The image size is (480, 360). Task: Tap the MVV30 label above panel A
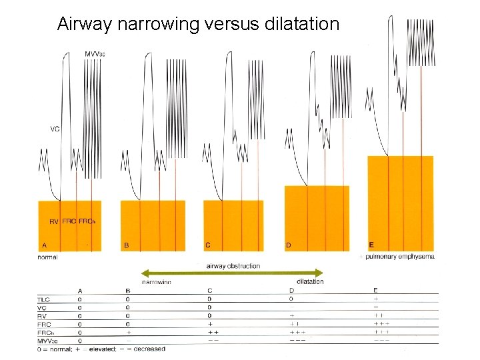(x=97, y=53)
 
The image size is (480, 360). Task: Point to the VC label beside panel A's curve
(x=55, y=129)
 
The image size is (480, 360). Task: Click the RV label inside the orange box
(x=54, y=221)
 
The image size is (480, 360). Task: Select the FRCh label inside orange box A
(x=87, y=221)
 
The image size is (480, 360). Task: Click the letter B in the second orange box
(x=126, y=245)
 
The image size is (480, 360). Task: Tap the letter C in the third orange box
(x=208, y=245)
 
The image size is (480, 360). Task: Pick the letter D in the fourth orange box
(x=288, y=245)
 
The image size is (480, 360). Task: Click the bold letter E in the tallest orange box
(x=371, y=245)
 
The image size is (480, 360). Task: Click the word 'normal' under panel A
(x=49, y=257)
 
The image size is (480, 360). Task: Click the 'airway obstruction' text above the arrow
(x=233, y=266)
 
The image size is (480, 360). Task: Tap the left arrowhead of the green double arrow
(x=143, y=273)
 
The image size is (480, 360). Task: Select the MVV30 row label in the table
(x=46, y=340)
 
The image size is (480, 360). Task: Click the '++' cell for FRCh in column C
(x=213, y=331)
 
